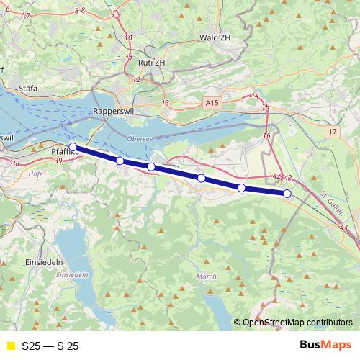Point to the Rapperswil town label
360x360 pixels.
point(109,112)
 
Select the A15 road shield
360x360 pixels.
point(211,104)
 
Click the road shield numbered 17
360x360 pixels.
point(331,132)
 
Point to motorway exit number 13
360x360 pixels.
point(165,104)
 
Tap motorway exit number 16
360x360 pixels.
point(266,135)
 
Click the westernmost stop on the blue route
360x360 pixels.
point(73,146)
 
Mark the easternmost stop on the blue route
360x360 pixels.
point(287,193)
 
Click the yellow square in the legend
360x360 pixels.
point(9,346)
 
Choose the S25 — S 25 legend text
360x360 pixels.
point(50,346)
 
